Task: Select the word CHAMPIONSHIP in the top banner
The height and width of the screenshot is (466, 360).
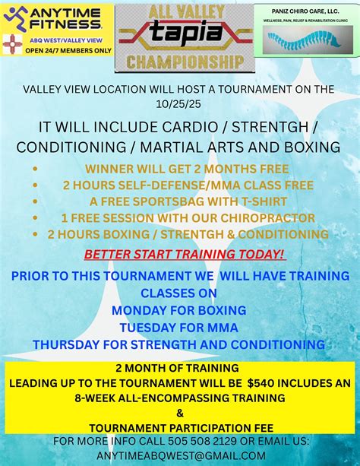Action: tap(179, 60)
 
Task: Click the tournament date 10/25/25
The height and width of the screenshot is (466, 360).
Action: tap(179, 103)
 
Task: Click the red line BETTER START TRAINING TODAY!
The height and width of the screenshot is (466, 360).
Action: tap(185, 254)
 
